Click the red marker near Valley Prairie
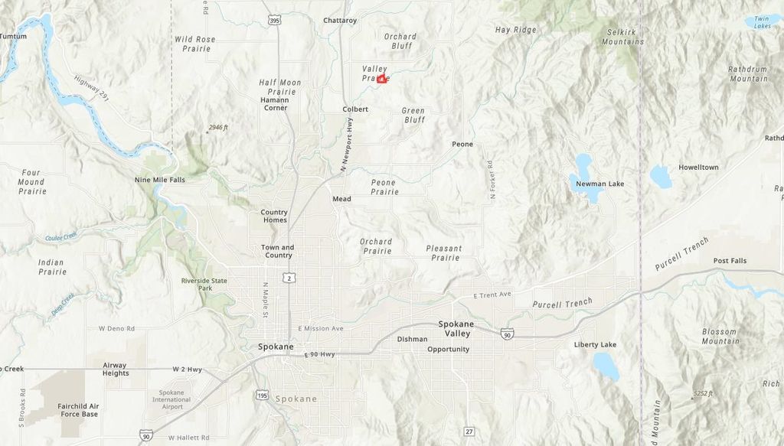tap(382, 79)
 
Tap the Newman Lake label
tap(600, 184)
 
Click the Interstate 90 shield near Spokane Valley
tap(507, 334)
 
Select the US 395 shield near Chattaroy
tap(274, 20)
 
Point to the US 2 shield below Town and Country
tap(288, 278)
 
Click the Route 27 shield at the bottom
tap(469, 431)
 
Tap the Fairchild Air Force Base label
tap(79, 410)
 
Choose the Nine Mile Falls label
tap(160, 180)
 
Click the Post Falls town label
tap(730, 261)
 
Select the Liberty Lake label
tap(595, 345)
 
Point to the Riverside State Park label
tap(204, 285)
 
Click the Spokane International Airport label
tap(171, 399)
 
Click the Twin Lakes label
tap(762, 22)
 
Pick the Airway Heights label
tap(116, 369)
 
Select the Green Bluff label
tap(413, 116)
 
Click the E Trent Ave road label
tap(492, 295)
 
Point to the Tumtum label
tap(13, 36)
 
